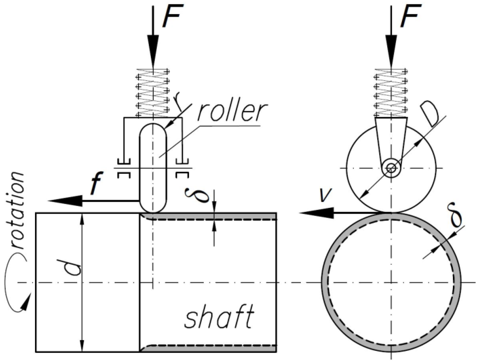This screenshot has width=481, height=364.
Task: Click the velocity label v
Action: tap(324, 195)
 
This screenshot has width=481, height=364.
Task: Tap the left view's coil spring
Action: tap(153, 94)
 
